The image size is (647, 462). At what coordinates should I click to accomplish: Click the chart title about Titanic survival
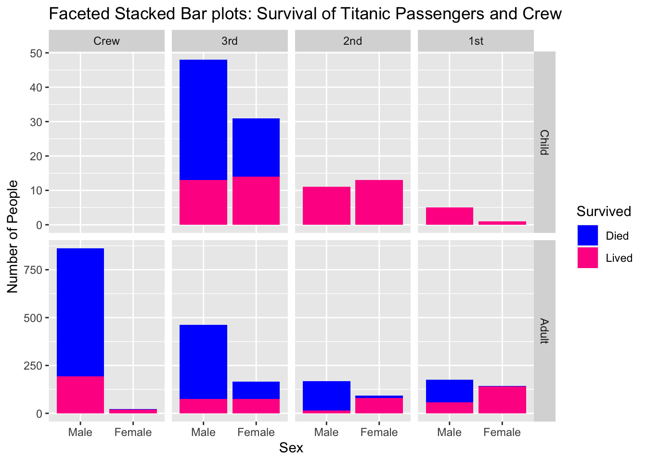coord(305,13)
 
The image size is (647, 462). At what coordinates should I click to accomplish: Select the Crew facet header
coord(106,41)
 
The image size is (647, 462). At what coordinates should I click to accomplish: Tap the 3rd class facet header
coord(230,41)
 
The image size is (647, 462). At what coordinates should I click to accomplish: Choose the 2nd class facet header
coord(352,41)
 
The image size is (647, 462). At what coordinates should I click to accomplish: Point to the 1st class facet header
coord(476,41)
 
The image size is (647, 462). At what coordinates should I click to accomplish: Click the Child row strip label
coord(544,142)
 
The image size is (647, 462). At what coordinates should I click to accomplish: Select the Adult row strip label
coord(544,331)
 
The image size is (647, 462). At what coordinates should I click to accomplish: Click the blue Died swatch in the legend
coord(588,236)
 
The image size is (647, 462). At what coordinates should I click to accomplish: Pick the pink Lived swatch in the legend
coord(588,258)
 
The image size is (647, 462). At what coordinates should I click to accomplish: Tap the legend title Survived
coord(604,211)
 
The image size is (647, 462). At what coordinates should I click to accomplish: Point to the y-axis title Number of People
coord(13,236)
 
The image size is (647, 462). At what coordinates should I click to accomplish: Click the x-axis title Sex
coord(291,448)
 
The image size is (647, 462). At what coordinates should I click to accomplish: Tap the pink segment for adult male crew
coord(80,395)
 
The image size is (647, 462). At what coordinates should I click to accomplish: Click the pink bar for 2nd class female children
coord(379,202)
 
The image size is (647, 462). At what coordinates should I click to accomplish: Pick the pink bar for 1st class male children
coord(449,216)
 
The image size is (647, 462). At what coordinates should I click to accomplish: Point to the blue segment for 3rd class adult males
coord(203,361)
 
